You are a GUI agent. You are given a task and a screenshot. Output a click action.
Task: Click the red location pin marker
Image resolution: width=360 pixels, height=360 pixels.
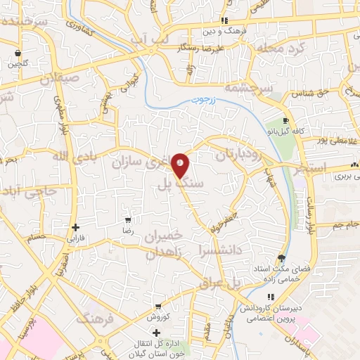[x=181, y=165]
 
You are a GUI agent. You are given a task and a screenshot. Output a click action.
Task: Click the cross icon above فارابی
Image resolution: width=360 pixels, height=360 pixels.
[x=76, y=227]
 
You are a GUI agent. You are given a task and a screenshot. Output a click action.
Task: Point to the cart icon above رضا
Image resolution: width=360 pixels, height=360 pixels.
[x=127, y=219]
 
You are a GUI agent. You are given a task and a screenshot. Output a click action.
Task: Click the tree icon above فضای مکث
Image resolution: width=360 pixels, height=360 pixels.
[x=281, y=258]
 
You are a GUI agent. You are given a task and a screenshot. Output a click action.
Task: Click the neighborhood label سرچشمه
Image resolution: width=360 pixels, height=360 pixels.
[x=243, y=89]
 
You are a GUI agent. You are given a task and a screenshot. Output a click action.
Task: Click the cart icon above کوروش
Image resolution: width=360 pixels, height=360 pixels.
[x=158, y=306]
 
